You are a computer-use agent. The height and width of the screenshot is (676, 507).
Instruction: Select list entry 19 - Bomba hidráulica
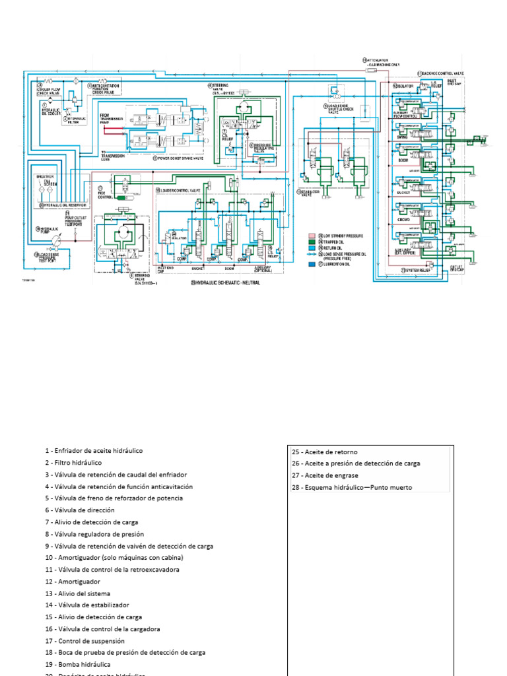coord(78,664)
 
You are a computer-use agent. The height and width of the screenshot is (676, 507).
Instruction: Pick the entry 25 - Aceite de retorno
coord(325,452)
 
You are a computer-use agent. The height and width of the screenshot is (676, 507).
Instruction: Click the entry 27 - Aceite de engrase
coord(325,475)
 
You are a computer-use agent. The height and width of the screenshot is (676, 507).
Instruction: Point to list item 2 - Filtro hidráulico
coord(73,462)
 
